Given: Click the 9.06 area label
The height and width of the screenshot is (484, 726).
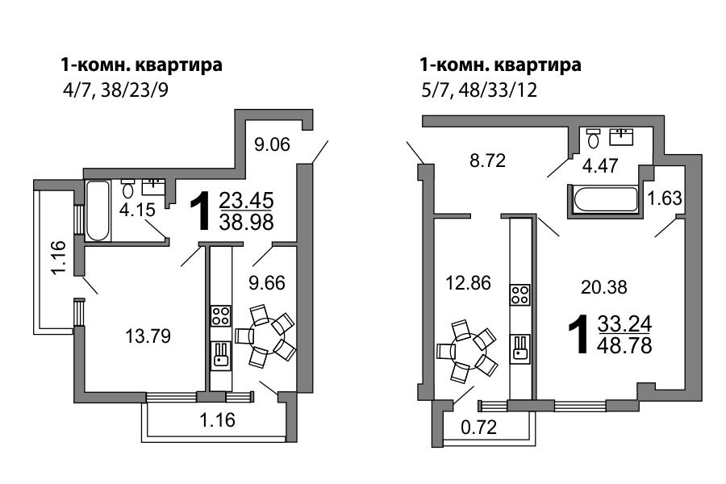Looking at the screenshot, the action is (273, 144).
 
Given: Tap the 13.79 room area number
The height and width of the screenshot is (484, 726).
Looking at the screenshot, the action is (148, 336).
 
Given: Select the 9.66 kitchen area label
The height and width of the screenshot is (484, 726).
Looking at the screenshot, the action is (267, 282).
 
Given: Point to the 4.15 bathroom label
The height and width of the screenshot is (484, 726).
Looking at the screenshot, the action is (136, 210).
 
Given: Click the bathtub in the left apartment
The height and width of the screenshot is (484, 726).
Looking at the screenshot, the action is (98, 211).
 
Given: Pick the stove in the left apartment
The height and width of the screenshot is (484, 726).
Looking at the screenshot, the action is (220, 315).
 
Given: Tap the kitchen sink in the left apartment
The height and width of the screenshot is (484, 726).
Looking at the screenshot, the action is (220, 355).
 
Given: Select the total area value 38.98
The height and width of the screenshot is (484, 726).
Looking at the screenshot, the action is (246, 223).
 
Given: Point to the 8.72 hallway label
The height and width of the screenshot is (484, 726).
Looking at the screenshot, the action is (487, 161).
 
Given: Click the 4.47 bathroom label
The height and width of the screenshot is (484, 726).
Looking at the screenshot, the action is (600, 165).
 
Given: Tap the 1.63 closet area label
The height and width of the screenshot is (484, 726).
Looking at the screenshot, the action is (665, 198).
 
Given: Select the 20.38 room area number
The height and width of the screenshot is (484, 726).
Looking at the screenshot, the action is (604, 288).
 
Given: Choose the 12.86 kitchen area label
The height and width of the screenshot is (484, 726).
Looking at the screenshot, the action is (468, 282).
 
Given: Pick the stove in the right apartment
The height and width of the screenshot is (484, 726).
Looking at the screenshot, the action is (520, 294).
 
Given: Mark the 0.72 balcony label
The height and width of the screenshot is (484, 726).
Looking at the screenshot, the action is (478, 427).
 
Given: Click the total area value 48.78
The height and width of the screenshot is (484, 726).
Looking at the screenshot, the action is (624, 345).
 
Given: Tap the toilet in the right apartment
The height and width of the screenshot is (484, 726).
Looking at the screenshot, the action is (593, 138).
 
